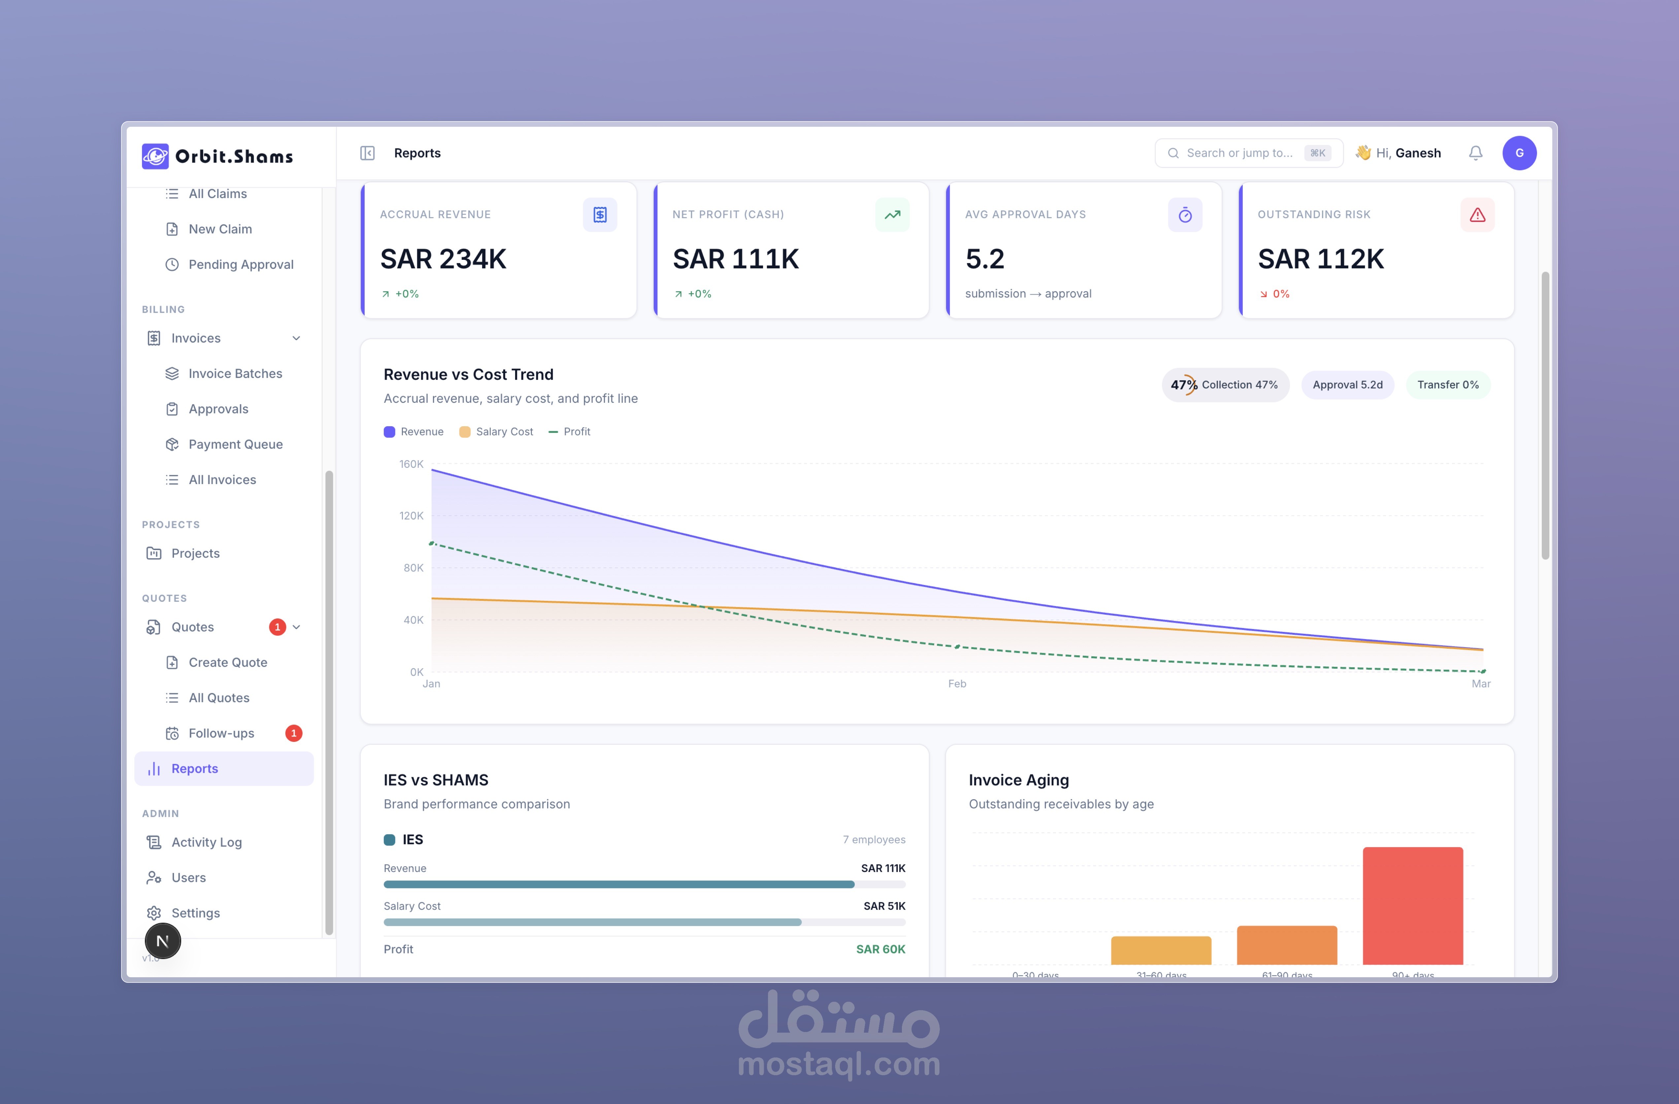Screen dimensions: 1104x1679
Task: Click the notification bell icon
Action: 1475,153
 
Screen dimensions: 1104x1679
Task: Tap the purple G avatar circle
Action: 1519,153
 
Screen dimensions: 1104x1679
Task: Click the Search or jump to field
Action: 1239,153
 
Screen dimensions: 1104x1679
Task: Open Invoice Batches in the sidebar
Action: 235,373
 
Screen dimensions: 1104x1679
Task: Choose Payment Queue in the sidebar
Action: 235,444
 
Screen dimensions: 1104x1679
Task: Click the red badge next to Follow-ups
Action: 293,733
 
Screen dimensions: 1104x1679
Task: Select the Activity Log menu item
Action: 206,842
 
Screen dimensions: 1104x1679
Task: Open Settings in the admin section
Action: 195,913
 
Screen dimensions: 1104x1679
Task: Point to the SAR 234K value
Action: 443,259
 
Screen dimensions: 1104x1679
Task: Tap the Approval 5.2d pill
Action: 1347,385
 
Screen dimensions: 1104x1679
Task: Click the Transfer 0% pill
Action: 1448,385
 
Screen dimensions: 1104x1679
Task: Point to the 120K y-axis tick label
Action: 411,516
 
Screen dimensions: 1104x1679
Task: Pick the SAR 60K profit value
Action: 880,949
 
